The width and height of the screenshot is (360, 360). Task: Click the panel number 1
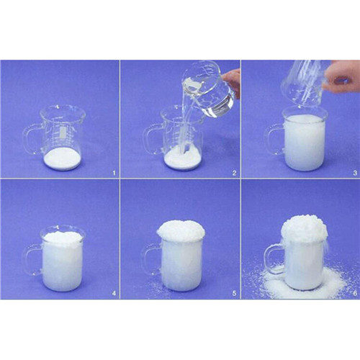coord(114,173)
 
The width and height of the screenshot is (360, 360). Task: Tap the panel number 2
coord(234,173)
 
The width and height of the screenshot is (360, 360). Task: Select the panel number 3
coord(355,173)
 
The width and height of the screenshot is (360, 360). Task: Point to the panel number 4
coord(114,293)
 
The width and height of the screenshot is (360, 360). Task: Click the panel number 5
coord(234,293)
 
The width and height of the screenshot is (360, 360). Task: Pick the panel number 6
coord(355,293)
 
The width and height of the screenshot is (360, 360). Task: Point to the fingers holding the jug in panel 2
coord(233,83)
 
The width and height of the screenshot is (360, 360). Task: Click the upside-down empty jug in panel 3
coord(305,83)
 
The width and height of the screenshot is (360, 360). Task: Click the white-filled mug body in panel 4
coord(63,262)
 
